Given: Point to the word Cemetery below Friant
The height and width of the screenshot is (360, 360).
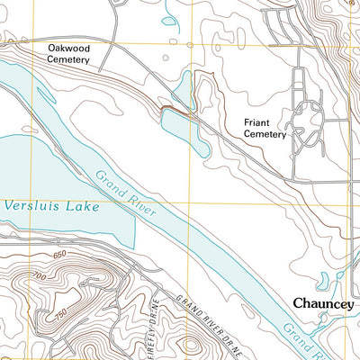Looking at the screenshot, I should click(263, 135).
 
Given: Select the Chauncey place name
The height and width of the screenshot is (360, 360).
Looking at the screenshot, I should click(324, 305).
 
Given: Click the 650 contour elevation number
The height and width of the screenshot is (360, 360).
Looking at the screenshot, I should click(61, 258).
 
